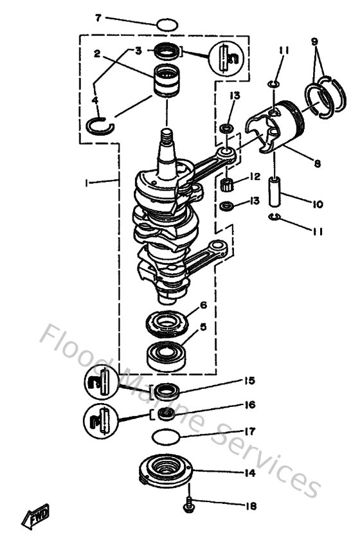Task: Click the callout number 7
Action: (x=98, y=17)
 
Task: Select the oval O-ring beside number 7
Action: (x=166, y=25)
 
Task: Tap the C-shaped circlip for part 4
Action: (x=102, y=123)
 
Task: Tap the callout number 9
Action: (x=314, y=40)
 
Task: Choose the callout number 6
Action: (x=203, y=305)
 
